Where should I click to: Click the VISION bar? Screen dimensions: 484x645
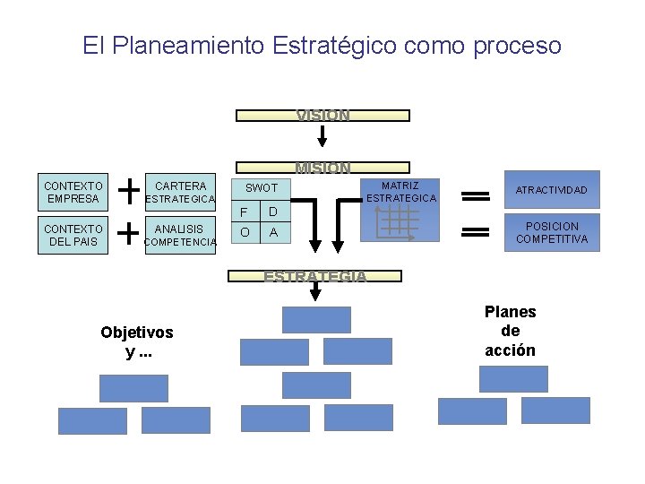point(322,116)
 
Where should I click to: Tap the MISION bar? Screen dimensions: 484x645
point(322,167)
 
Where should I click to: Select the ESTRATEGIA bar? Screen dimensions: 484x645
point(315,276)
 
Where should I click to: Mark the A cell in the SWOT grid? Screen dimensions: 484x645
point(274,232)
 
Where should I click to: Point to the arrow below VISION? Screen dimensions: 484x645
point(322,134)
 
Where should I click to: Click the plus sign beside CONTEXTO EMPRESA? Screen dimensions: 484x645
point(129,190)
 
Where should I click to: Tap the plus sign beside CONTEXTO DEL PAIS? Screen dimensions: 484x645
point(129,233)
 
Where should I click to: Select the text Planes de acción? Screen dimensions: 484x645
point(510,331)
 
